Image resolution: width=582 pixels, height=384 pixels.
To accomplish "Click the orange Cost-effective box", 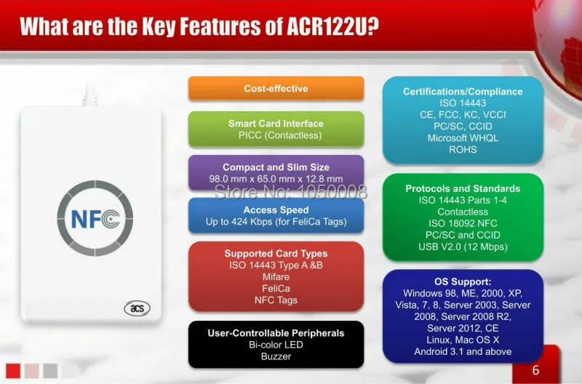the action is tap(276, 88).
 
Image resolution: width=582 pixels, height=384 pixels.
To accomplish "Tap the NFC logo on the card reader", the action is tap(95, 218).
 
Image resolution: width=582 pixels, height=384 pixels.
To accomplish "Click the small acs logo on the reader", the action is tap(137, 308).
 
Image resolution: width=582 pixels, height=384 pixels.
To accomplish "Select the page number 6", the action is tap(535, 370).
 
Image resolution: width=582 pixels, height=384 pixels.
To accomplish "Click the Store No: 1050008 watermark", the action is tap(290, 192).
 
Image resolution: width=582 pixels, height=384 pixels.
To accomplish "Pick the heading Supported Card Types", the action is tap(276, 253).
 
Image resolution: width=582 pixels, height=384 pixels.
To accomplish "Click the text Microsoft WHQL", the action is tap(463, 138).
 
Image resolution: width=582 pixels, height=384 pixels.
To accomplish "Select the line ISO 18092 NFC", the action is tap(463, 223).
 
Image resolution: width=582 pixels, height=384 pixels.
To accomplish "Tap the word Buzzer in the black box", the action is tap(276, 356).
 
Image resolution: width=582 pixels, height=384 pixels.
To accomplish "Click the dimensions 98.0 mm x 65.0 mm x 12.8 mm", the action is tap(276, 179).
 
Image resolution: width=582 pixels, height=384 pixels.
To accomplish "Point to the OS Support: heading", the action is tap(463, 281).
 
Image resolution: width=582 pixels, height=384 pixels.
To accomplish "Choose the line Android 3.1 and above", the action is tap(463, 351).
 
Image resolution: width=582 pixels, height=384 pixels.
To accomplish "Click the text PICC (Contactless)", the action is tap(280, 135).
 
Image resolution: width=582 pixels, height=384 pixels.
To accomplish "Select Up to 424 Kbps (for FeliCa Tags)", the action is tap(276, 222).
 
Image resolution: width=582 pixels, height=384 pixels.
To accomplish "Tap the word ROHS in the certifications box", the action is tap(463, 150).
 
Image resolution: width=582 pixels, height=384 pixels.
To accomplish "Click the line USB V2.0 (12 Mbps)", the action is tap(463, 247).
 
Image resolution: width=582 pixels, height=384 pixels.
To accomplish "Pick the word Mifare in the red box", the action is tap(276, 277).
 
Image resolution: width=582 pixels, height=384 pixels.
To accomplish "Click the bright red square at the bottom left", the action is tap(13, 371).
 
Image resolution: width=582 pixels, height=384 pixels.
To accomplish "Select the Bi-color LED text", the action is tap(276, 345).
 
